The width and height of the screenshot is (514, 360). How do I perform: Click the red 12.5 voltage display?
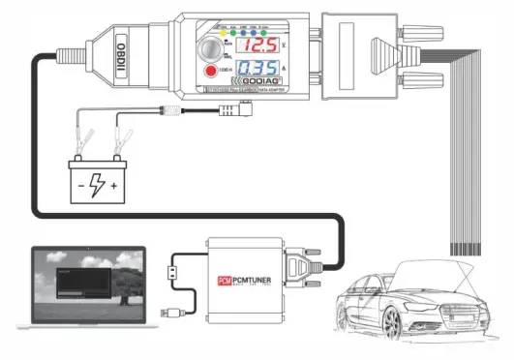coord(262,45)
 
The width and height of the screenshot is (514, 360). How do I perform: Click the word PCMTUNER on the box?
coord(256,281)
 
